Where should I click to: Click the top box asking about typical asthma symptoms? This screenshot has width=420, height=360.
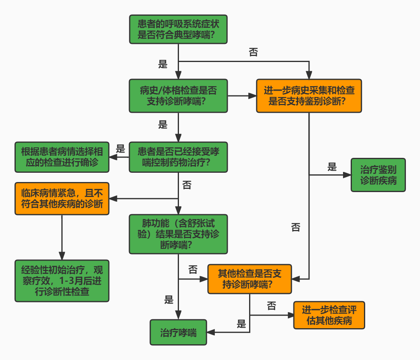coord(178,29)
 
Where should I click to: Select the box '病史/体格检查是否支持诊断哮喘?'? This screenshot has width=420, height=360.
coord(178,96)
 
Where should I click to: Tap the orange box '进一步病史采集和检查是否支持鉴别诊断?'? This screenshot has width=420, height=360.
coord(309,96)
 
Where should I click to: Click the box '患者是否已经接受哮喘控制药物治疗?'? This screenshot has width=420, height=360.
coord(178,157)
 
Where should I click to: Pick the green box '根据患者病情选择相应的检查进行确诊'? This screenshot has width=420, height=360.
coord(62,157)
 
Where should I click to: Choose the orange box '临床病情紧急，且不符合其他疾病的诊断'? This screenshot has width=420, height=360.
coord(62,199)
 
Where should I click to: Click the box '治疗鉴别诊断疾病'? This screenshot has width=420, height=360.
coord(378,175)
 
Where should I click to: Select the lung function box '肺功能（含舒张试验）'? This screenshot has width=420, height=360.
coord(178,234)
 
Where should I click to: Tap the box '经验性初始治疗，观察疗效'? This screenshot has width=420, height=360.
coord(62,280)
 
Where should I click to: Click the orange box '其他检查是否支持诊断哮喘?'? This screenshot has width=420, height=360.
coord(250,279)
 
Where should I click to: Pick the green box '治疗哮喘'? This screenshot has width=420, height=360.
coord(178,333)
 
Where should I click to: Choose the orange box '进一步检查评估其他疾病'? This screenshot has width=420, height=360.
coord(329,315)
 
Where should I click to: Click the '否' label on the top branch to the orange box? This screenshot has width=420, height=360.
coord(254,52)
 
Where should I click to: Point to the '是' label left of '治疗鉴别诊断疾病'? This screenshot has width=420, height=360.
coord(332,167)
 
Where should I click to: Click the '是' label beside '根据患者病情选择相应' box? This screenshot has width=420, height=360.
coord(121,149)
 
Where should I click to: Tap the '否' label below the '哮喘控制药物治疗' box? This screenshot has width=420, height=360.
coord(187,185)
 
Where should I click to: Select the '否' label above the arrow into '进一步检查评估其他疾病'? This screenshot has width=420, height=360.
coord(271,306)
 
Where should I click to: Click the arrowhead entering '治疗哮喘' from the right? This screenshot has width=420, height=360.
coord(210,333)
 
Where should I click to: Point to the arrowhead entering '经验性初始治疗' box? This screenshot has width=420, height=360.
coord(62,257)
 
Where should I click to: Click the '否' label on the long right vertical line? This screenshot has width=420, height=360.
coord(295,227)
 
